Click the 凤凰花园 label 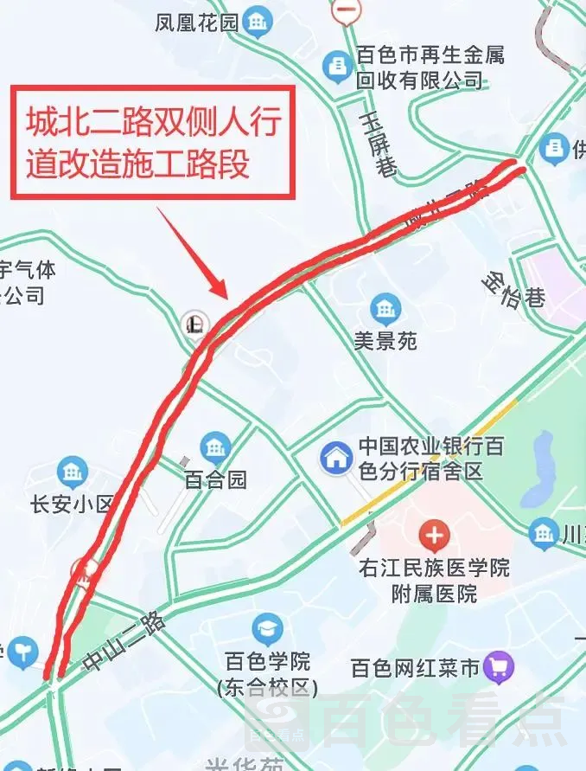[x=196, y=22]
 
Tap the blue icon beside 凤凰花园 [x=257, y=21]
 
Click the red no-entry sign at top [x=347, y=10]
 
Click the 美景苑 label [x=385, y=341]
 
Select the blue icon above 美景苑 [x=385, y=308]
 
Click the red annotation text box [x=153, y=142]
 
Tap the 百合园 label [x=216, y=479]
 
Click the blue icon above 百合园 [x=215, y=447]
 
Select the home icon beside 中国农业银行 [x=336, y=458]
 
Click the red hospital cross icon [x=434, y=537]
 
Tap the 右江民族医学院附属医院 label [x=435, y=581]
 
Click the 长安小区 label [x=72, y=504]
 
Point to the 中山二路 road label [x=126, y=641]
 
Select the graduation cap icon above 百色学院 [x=267, y=629]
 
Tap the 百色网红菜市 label [x=415, y=668]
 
